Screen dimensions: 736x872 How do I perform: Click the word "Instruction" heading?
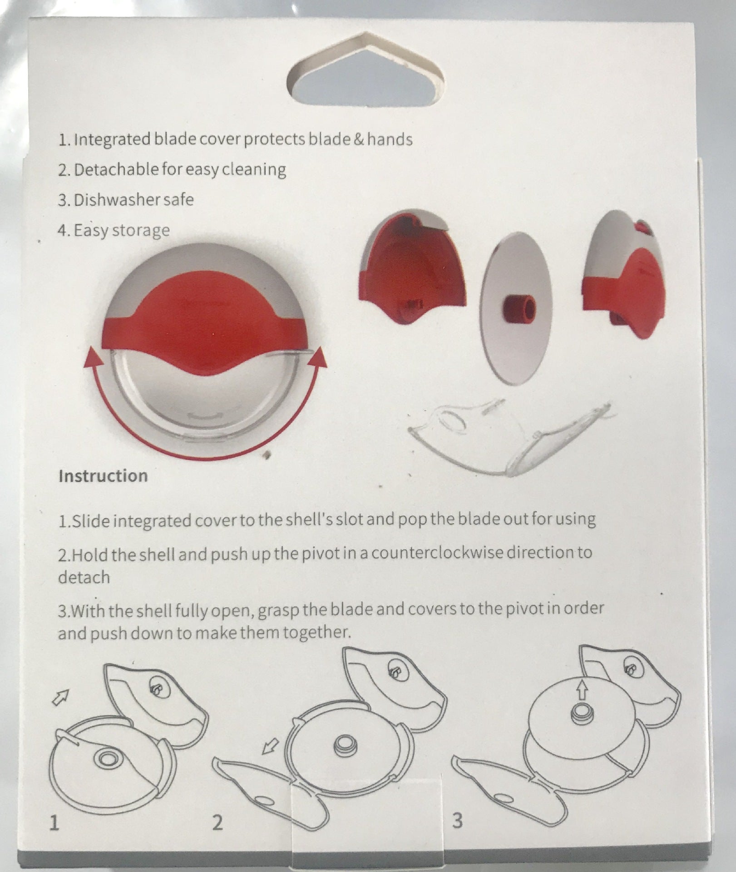click(103, 476)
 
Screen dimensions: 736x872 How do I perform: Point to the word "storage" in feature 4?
click(141, 231)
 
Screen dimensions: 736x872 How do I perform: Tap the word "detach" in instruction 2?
click(84, 577)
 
